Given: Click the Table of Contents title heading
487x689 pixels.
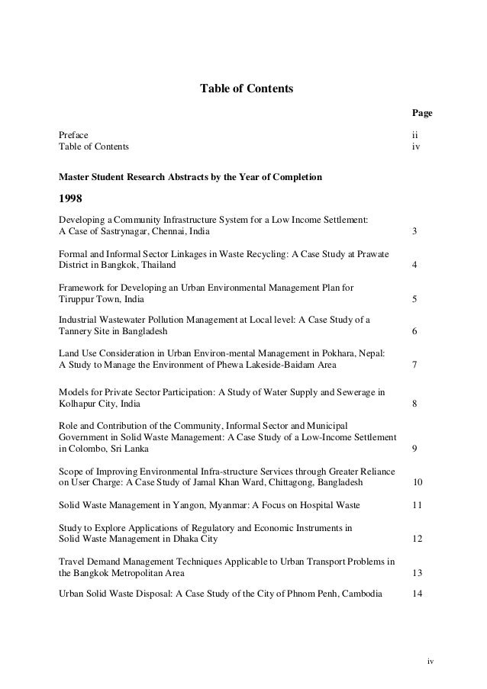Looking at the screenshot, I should [246, 89].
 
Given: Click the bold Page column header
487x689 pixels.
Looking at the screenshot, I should [422, 113].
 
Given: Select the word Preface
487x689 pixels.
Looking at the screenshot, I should [73, 135].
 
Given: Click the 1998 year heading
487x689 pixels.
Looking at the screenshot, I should [72, 200].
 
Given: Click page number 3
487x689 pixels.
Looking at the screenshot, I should [414, 231].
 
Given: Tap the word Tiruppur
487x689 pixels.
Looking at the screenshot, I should [76, 298].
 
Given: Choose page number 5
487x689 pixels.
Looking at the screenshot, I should [414, 298].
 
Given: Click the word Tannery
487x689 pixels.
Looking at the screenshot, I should [75, 332].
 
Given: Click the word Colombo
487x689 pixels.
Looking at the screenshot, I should [84, 449].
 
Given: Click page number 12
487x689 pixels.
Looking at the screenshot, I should [417, 539].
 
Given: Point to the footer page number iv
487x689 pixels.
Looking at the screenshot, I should [429, 661].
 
